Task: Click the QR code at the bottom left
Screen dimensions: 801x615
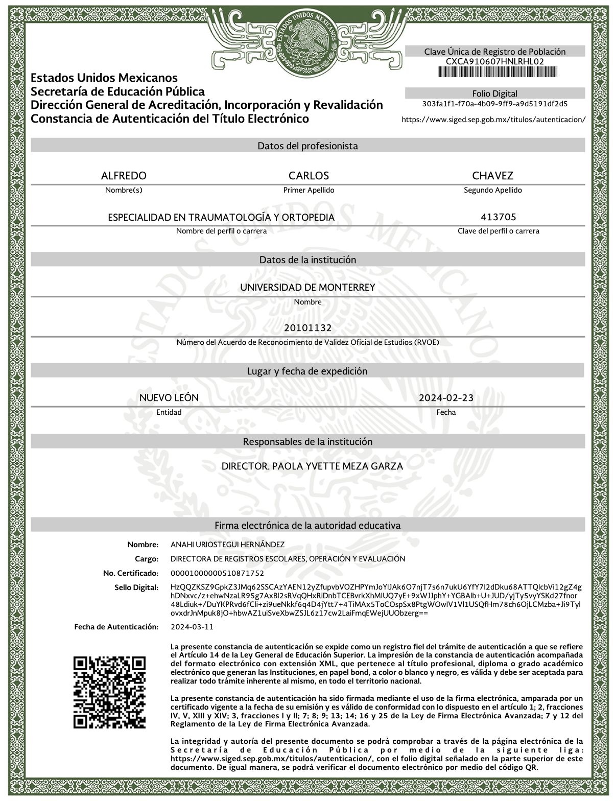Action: tap(110, 692)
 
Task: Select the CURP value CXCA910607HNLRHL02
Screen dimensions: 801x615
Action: tap(494, 61)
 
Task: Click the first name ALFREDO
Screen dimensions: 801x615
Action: tap(124, 176)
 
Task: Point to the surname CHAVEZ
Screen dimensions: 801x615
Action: tap(492, 176)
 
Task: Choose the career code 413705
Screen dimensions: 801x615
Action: tap(498, 217)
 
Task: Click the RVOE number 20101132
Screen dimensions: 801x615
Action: tap(308, 327)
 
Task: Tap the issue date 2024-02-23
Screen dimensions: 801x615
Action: tap(446, 398)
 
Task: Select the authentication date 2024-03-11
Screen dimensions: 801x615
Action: tap(192, 627)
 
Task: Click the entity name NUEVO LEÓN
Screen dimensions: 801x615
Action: tap(169, 398)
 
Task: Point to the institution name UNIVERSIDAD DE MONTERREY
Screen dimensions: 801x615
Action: tap(307, 287)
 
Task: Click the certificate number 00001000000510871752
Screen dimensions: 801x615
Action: tap(217, 573)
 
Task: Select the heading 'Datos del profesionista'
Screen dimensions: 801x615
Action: tap(307, 146)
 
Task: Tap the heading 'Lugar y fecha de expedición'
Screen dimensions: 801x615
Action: tap(307, 371)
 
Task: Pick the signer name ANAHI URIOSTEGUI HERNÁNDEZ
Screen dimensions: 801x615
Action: tap(227, 545)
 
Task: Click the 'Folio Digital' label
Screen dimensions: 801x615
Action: tap(494, 93)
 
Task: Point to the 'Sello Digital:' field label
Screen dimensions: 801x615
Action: tap(136, 587)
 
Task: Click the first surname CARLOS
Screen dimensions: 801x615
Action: tap(309, 176)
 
